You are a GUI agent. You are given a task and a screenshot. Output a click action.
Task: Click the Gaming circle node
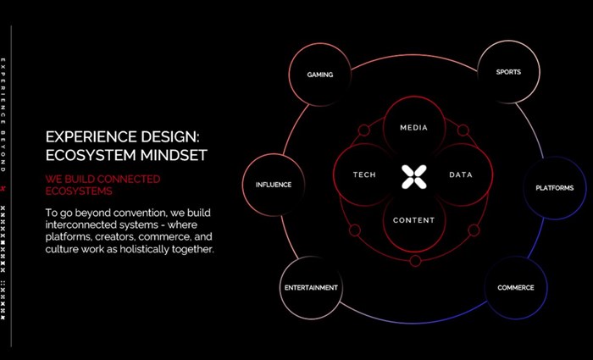pos(320,75)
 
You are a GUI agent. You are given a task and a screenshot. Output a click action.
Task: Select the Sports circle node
pos(508,72)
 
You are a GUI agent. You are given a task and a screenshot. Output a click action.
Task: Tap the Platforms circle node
pos(555,188)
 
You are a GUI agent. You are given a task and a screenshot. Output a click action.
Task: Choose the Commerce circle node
pos(516,288)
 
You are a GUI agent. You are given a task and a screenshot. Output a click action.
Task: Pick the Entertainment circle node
pos(311,288)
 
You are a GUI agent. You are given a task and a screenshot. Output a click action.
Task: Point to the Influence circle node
pos(273,185)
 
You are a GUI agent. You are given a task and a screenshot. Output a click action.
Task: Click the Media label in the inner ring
pos(413,129)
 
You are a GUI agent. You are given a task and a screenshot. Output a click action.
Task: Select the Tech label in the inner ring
pos(364,175)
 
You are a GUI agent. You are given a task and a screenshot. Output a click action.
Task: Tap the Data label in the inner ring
pos(461,175)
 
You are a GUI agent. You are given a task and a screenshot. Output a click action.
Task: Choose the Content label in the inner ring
pos(413,221)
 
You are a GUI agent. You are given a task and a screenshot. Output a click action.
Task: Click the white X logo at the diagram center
pos(413,176)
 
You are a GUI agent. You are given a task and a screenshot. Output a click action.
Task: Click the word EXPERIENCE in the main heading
pos(85,136)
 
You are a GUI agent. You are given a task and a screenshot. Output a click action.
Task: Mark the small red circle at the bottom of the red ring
pos(415,260)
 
